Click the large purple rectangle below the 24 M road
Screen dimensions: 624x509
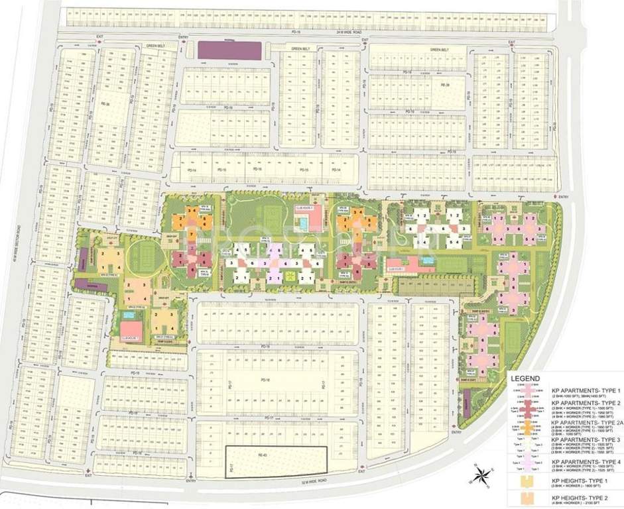[229, 50]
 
